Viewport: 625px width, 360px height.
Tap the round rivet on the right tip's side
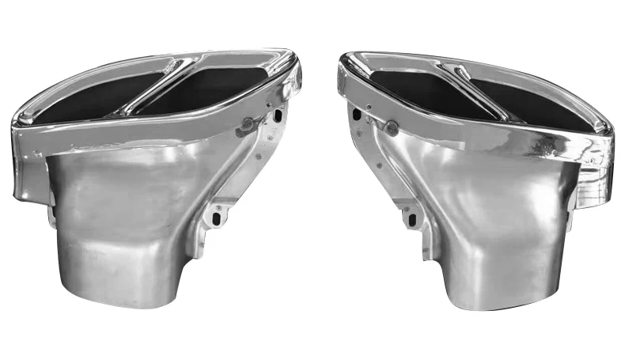(x=389, y=127)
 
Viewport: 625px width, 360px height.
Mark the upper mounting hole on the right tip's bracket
(x=357, y=116)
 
